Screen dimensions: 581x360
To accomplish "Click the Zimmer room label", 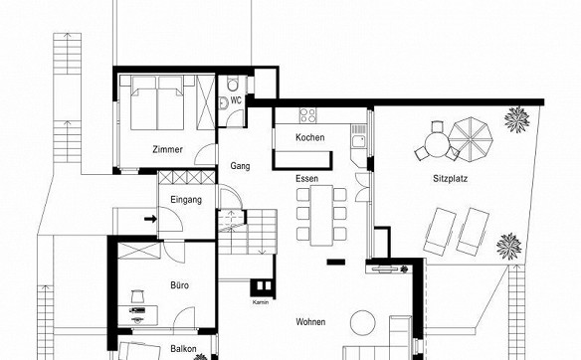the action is coord(167,149).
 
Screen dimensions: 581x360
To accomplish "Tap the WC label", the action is coord(236,100).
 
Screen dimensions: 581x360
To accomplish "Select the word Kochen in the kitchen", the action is coord(310,137).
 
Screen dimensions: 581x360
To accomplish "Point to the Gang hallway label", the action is coord(240,166).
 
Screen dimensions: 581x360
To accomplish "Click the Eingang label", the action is coord(186,200).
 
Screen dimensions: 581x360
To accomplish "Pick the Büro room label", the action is coord(180,285).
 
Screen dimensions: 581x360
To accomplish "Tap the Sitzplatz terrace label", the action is coord(451,179).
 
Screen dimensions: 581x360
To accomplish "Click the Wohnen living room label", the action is coord(310,322).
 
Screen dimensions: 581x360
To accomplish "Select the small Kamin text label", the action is coord(261,302).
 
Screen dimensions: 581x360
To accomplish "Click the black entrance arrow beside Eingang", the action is coord(150,219).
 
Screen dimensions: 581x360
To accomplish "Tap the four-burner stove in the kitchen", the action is coord(308,114).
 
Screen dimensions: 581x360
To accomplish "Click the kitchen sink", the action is coord(358,141).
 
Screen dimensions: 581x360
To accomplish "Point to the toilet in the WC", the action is coord(234,85).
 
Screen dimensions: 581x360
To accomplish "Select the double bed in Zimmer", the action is coord(157,103).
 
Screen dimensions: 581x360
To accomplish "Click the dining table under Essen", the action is coord(321,215).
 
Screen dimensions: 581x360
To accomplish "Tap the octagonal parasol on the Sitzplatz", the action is coord(471,139).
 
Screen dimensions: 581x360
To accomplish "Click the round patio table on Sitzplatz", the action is coord(437,144).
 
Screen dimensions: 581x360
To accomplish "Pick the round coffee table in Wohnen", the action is coord(363,322).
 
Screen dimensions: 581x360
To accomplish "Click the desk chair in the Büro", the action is coord(137,296).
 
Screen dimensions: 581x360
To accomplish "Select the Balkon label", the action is coord(183,349).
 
